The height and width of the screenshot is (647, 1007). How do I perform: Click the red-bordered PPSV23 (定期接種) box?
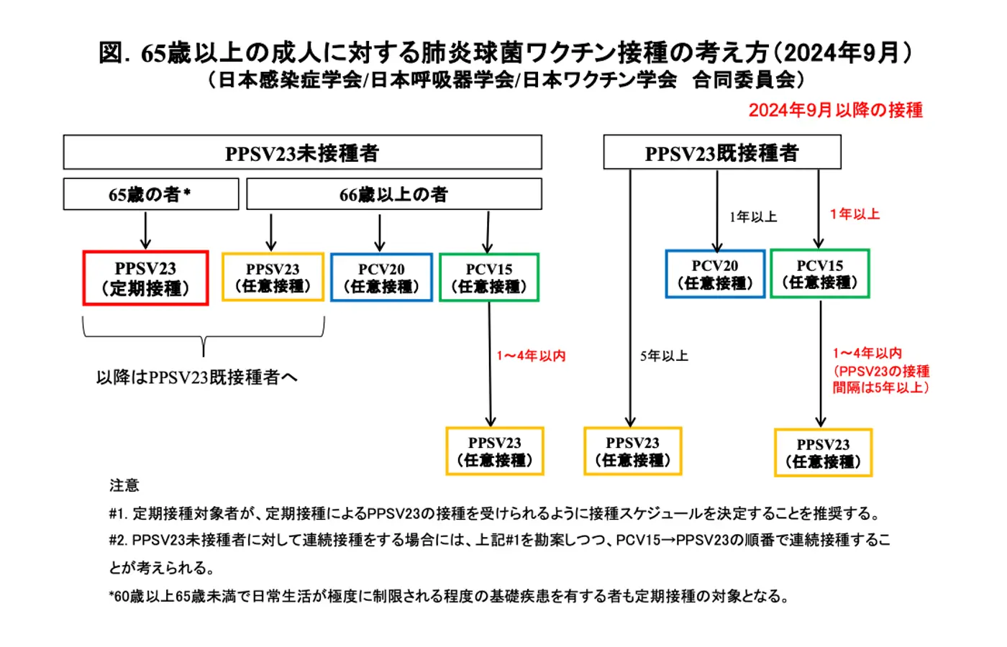145,278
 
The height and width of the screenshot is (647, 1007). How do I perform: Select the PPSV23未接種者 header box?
302,152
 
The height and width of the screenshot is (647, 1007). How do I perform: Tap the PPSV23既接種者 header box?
721,152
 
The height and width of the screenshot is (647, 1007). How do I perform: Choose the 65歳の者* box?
150,194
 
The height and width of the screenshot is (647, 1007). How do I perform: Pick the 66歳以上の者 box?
393,194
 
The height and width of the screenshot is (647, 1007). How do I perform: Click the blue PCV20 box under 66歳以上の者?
381,277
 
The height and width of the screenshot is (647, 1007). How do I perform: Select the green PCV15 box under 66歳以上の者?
489,277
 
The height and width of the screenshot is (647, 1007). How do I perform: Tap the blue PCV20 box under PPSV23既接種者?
715,274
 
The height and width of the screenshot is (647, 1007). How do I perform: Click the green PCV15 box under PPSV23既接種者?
820,274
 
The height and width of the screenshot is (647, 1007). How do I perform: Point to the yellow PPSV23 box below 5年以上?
632,451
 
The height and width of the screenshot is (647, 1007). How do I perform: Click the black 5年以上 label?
664,356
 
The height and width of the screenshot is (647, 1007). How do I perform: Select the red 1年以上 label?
855,214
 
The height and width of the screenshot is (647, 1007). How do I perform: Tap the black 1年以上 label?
753,217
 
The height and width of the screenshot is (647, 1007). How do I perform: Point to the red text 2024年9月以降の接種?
835,110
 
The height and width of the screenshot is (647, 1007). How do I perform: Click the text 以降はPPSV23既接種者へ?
196,377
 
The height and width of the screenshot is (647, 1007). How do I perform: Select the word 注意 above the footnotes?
124,486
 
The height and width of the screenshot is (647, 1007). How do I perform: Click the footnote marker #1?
117,514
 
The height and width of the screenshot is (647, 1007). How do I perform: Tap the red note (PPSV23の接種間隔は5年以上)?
881,380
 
